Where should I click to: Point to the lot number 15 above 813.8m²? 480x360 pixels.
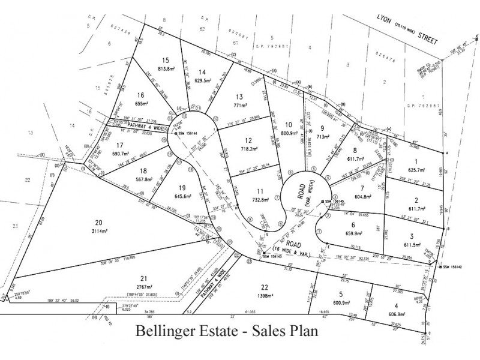pyautogui.click(x=167, y=60)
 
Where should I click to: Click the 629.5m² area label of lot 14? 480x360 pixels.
pyautogui.click(x=202, y=80)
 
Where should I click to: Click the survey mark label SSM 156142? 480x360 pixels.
pyautogui.click(x=458, y=267)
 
